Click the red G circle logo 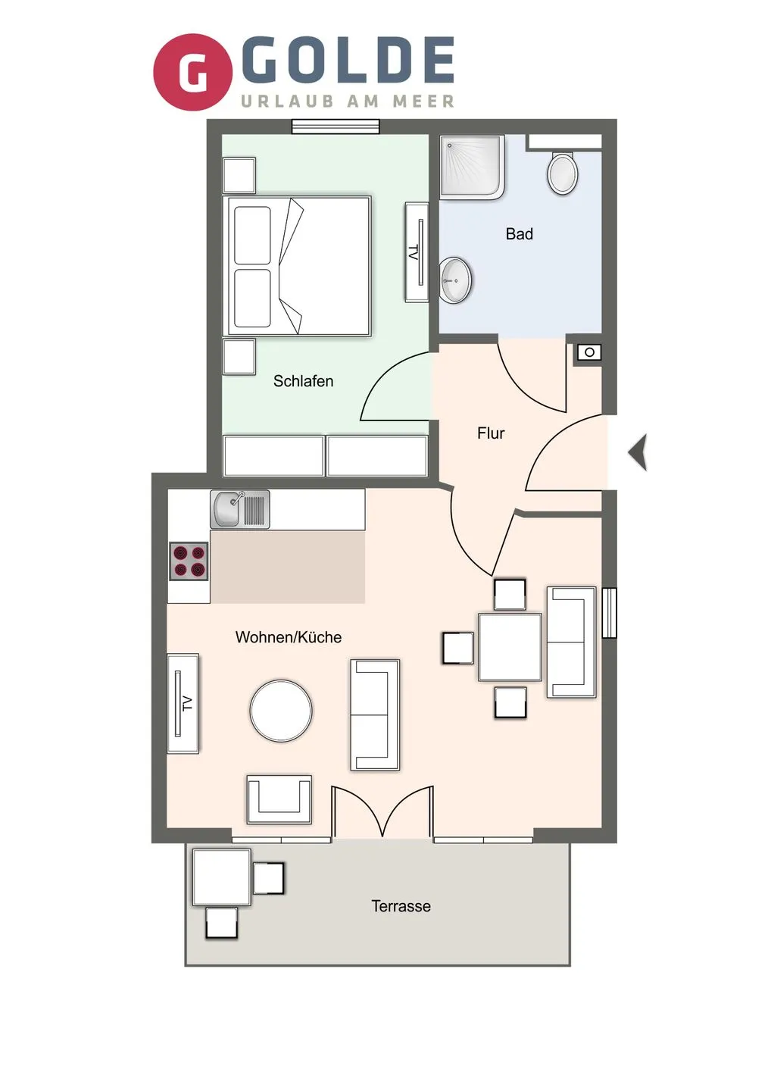[x=192, y=72]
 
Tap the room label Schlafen [x=303, y=381]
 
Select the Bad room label [x=520, y=234]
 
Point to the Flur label [x=491, y=433]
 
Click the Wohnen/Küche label [x=288, y=637]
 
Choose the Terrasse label [x=401, y=906]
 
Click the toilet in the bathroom [x=563, y=173]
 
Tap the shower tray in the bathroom [x=472, y=167]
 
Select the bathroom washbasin [x=456, y=280]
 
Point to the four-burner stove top [x=189, y=561]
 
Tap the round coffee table [x=281, y=711]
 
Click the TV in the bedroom [x=417, y=252]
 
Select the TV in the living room [x=183, y=703]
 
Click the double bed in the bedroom [x=298, y=266]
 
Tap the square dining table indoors [x=510, y=647]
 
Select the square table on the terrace [x=221, y=877]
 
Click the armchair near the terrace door [x=279, y=799]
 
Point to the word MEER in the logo [x=423, y=102]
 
